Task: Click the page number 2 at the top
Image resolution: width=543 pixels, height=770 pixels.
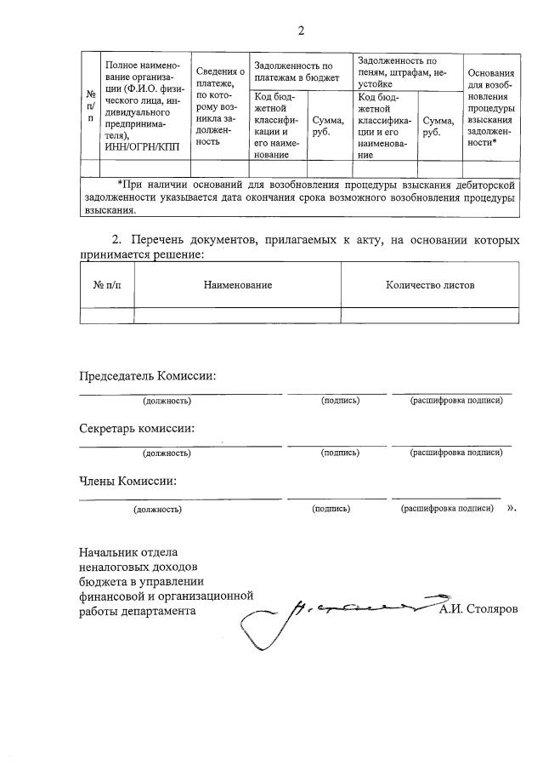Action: [300, 31]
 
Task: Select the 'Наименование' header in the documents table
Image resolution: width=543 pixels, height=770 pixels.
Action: [238, 285]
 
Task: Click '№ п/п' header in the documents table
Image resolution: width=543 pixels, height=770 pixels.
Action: [107, 285]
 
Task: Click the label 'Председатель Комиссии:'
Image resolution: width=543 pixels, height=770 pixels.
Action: [147, 376]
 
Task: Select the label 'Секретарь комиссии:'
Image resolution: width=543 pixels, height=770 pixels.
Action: [137, 428]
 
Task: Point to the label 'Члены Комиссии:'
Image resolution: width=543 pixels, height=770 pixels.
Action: [127, 481]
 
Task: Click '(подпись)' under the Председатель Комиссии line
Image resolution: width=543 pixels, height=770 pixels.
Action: [340, 400]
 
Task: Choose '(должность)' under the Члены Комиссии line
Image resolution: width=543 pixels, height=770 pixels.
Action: [157, 509]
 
